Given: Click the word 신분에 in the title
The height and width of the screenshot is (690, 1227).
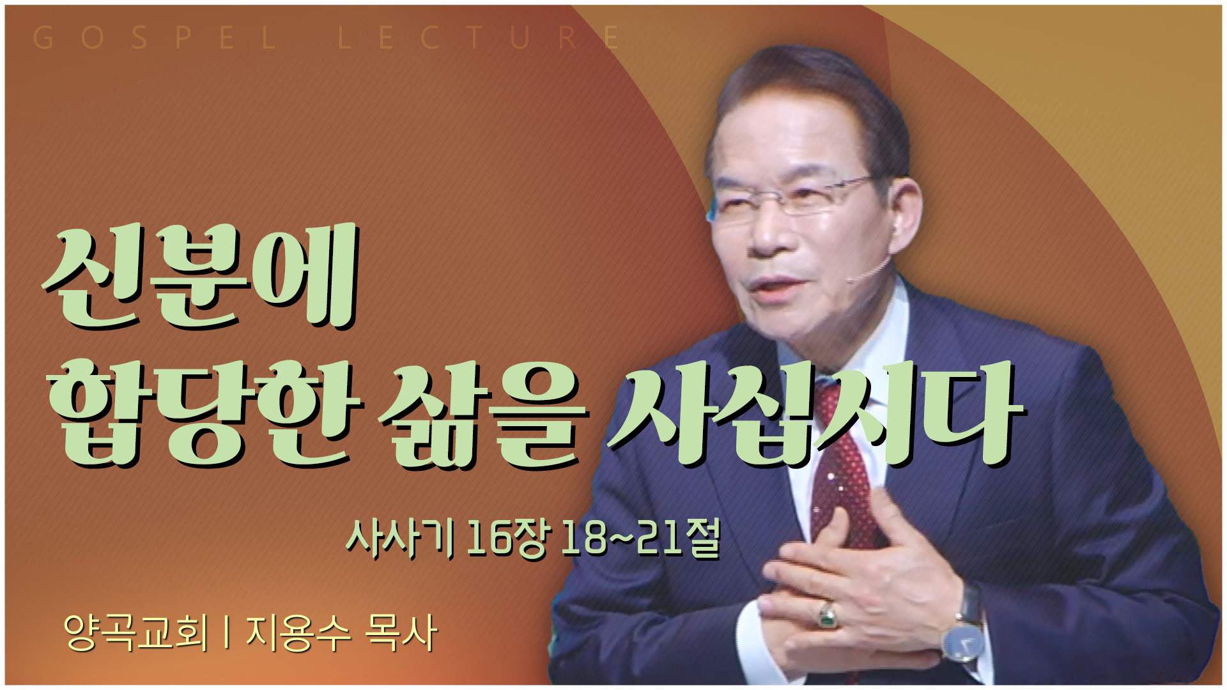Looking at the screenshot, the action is [x=199, y=277].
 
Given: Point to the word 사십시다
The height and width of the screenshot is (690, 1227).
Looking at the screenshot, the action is [x=815, y=413].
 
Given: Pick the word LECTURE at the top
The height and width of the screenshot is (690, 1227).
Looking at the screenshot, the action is [x=479, y=38].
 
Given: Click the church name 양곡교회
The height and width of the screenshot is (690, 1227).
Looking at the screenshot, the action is [x=136, y=632].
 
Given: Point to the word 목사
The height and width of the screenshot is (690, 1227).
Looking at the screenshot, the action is [x=401, y=632].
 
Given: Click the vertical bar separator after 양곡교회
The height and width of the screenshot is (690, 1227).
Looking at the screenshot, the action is [x=227, y=632].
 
